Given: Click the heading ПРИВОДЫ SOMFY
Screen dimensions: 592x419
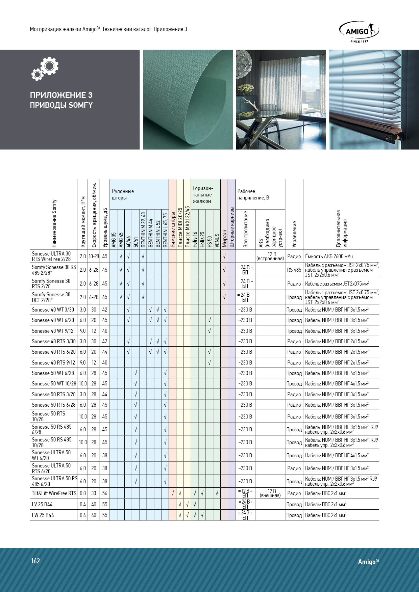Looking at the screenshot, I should point(61,105).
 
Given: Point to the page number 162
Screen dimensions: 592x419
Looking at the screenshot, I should point(35,561).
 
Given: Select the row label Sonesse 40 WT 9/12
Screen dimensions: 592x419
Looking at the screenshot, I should point(52,331).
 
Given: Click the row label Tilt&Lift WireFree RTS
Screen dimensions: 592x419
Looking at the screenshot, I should point(54,493).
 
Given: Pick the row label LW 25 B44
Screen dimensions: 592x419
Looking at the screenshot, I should point(43,515).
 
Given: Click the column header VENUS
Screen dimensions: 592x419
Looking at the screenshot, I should point(217,240).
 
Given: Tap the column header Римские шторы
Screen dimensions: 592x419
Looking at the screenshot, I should point(172,230).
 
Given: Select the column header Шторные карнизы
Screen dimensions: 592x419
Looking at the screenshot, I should point(231,230).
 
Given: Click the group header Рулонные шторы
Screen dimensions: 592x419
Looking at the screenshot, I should point(123,194).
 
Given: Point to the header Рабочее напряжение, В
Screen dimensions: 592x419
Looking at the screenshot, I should point(253,194).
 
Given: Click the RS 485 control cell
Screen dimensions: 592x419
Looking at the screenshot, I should point(294,270).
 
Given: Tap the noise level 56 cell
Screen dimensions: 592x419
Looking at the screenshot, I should point(105,493).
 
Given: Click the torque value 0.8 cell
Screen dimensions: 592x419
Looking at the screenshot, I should point(83,493).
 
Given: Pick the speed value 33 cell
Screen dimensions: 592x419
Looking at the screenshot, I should point(94,493).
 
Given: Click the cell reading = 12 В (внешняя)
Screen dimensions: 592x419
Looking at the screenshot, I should point(270,493).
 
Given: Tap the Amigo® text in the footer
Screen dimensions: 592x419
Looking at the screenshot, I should point(368,561).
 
